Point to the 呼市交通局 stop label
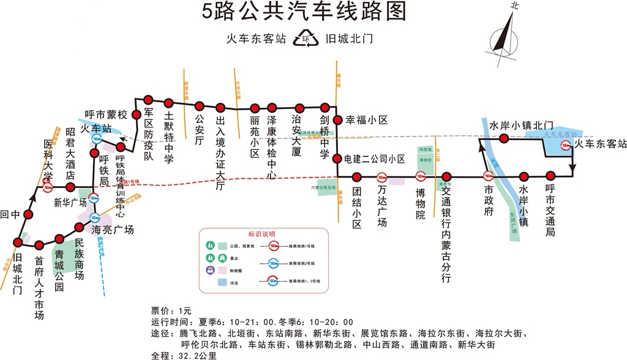coord(550,212)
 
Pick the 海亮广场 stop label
coord(113,230)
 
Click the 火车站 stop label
coord(96,129)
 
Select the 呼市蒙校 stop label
coord(106,114)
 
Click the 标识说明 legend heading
coord(261,234)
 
